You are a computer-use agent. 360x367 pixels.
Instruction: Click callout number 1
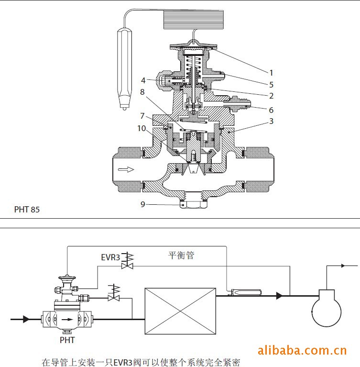point(271,73)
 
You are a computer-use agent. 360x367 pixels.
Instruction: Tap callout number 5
point(271,84)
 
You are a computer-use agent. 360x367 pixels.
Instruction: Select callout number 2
point(271,96)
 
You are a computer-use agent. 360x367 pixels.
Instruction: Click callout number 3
point(271,121)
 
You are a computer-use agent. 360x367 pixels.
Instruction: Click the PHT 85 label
point(27,209)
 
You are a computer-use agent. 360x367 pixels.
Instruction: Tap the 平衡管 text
point(181,256)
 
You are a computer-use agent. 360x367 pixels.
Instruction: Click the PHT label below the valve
point(67,340)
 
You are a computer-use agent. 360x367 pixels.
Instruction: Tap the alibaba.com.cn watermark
point(302,351)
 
